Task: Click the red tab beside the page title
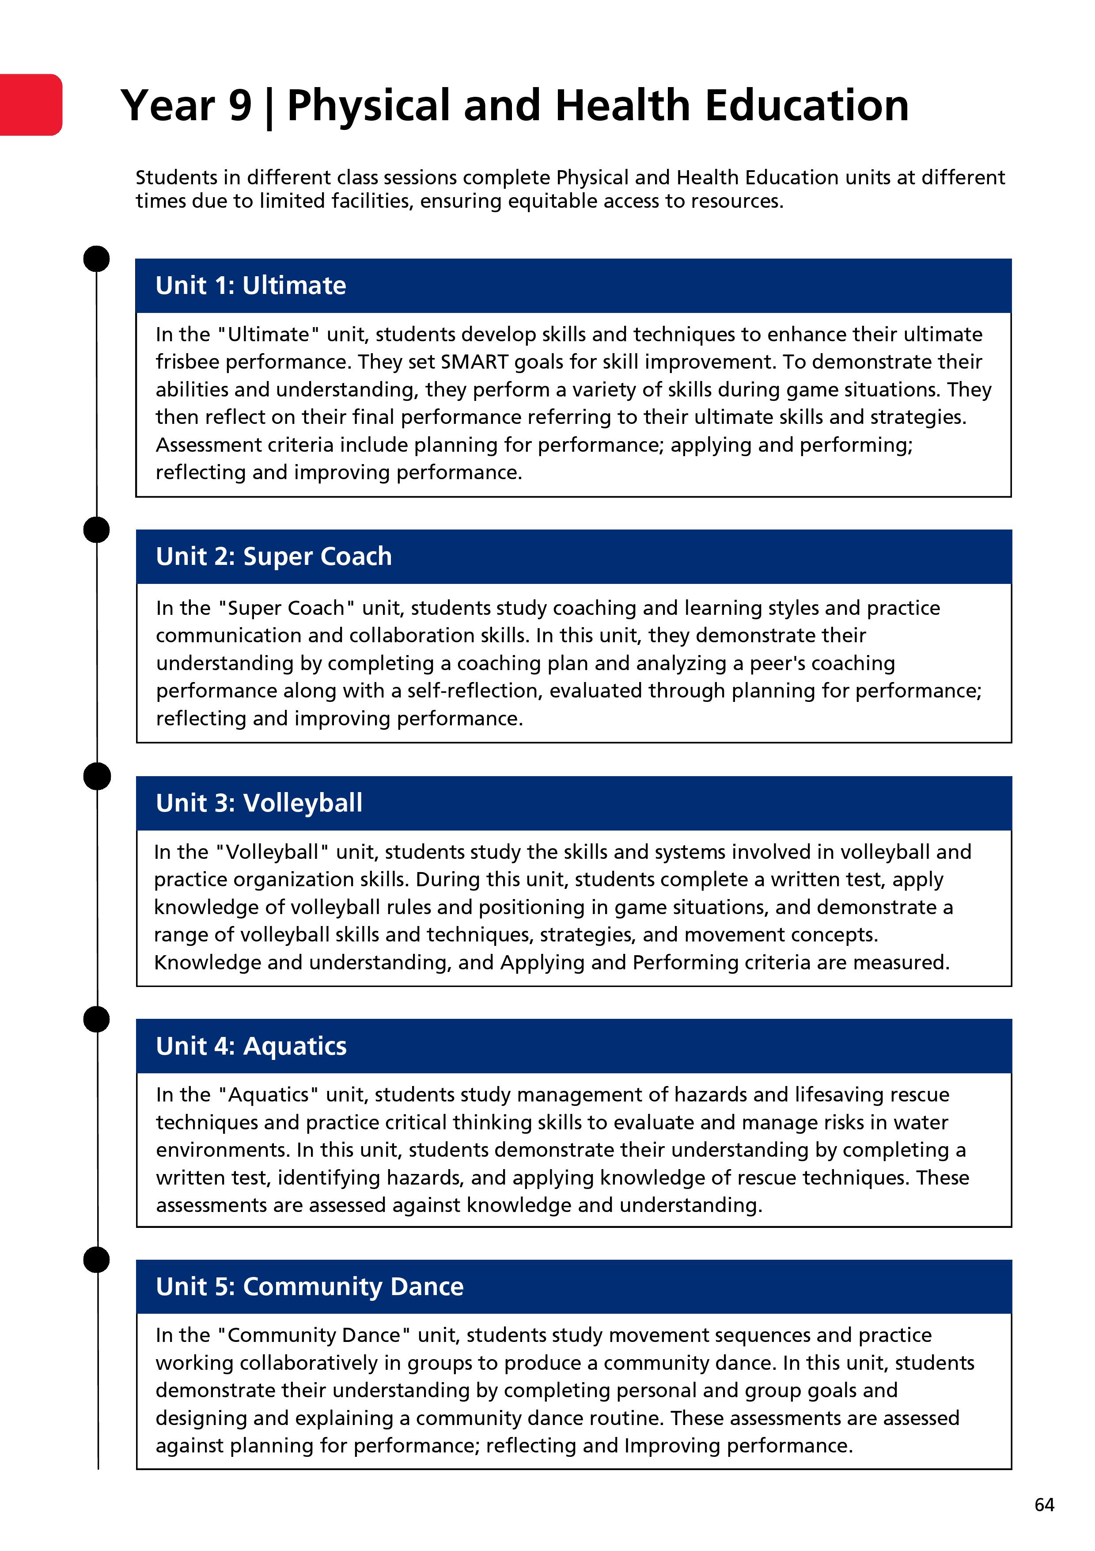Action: click(30, 105)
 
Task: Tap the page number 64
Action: click(1044, 1505)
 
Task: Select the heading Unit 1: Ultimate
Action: click(250, 286)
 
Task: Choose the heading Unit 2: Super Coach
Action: click(273, 556)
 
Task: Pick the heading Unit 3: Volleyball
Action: click(258, 803)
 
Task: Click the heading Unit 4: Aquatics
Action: click(251, 1046)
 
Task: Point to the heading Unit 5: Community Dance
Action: click(309, 1287)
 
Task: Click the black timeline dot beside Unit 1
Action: click(97, 259)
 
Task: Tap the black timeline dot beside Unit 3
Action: click(97, 776)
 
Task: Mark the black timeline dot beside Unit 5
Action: click(97, 1260)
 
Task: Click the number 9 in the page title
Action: click(240, 106)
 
